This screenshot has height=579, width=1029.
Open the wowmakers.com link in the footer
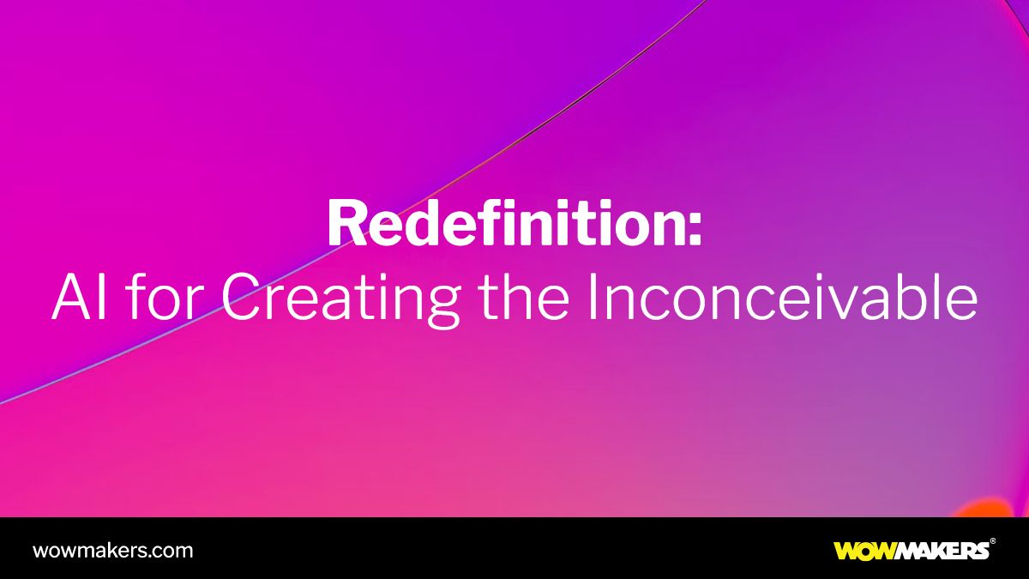coord(112,550)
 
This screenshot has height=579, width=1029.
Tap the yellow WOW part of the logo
coord(866,551)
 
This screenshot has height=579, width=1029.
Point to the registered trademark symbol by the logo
coord(993,541)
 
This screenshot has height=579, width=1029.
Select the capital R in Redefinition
coord(345,225)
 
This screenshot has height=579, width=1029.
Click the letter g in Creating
coord(442,305)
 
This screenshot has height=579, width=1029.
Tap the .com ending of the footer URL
coord(172,550)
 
